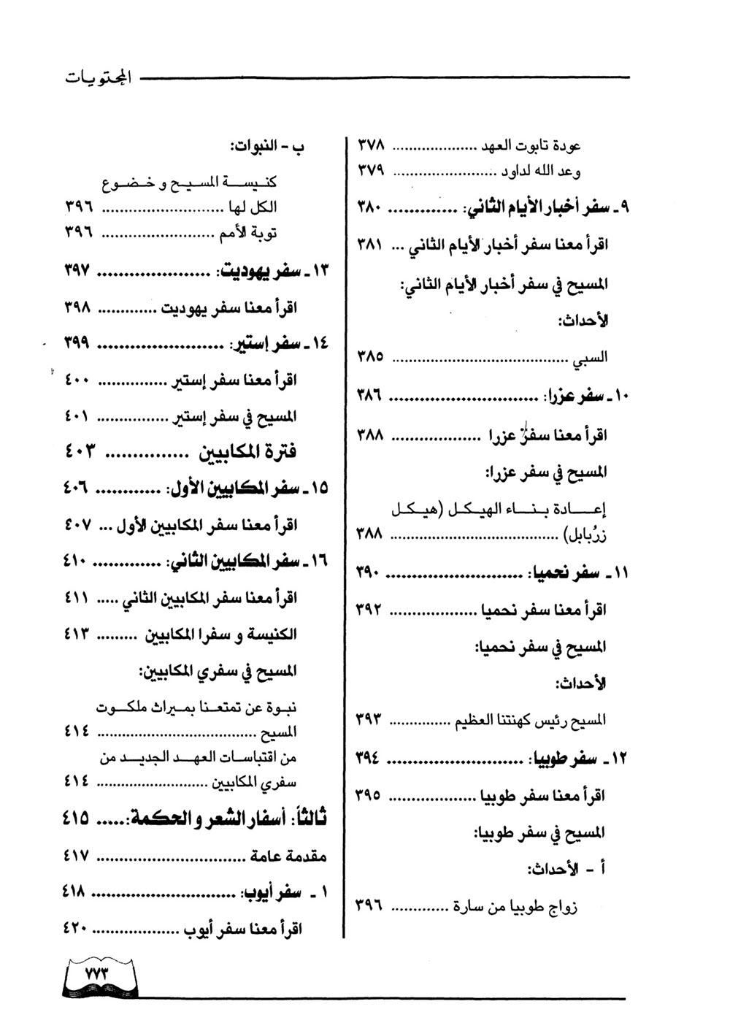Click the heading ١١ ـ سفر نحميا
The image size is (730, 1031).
tap(577, 573)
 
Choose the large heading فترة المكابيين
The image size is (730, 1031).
tap(248, 451)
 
